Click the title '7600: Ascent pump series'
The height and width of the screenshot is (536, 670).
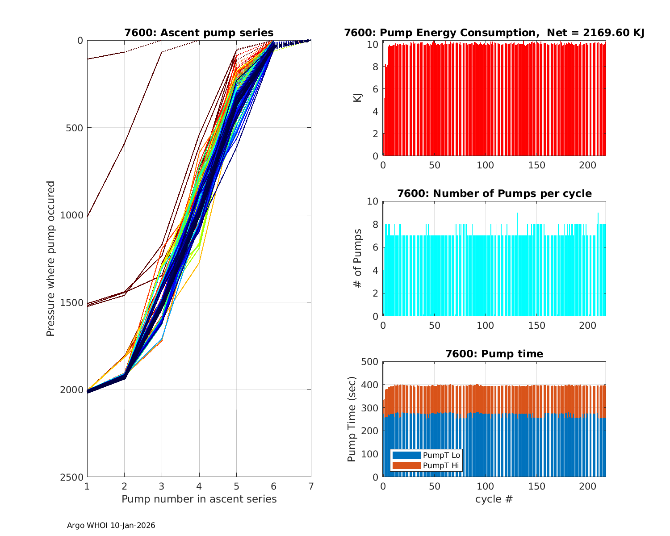tap(199, 33)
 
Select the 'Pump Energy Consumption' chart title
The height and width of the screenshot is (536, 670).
tap(494, 33)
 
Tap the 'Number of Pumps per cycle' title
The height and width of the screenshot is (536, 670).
tap(494, 193)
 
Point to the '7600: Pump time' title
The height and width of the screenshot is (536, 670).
tap(494, 354)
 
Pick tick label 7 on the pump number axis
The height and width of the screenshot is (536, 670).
tap(311, 486)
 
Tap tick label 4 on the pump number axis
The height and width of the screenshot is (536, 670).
tap(199, 486)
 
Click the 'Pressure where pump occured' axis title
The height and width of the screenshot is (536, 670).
tap(50, 259)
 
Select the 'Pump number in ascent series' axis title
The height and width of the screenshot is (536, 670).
tap(199, 499)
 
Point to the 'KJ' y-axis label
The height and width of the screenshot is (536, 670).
tap(358, 97)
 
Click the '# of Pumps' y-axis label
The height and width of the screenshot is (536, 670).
tap(358, 258)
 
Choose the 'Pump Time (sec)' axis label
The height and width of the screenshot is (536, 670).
tap(352, 419)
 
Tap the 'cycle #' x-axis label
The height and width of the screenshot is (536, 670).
tap(494, 499)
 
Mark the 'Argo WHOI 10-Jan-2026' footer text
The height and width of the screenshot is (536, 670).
tap(111, 525)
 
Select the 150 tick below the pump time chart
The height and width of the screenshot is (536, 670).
tap(536, 486)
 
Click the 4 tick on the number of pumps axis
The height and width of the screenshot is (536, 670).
tap(374, 270)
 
